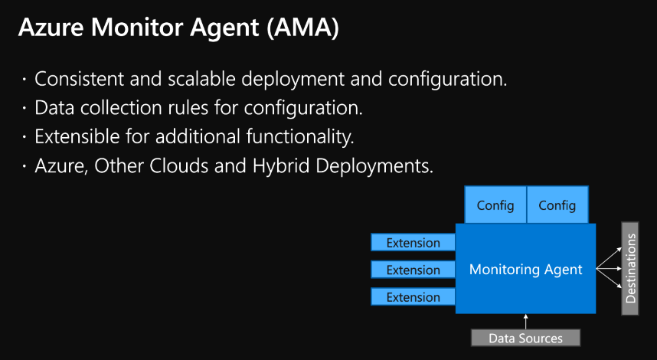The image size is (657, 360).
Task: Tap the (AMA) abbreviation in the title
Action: click(x=302, y=28)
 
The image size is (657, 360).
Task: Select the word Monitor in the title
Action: click(x=136, y=28)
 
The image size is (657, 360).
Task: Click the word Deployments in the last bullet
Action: click(x=374, y=167)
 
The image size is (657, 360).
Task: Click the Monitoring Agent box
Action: click(x=525, y=269)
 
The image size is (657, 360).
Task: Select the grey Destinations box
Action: click(x=630, y=269)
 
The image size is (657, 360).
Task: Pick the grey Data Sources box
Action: click(x=525, y=338)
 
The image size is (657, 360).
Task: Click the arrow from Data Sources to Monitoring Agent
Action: click(x=525, y=322)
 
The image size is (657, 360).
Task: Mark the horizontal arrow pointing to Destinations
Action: click(x=609, y=269)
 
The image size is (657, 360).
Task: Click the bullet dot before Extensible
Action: click(x=25, y=136)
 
